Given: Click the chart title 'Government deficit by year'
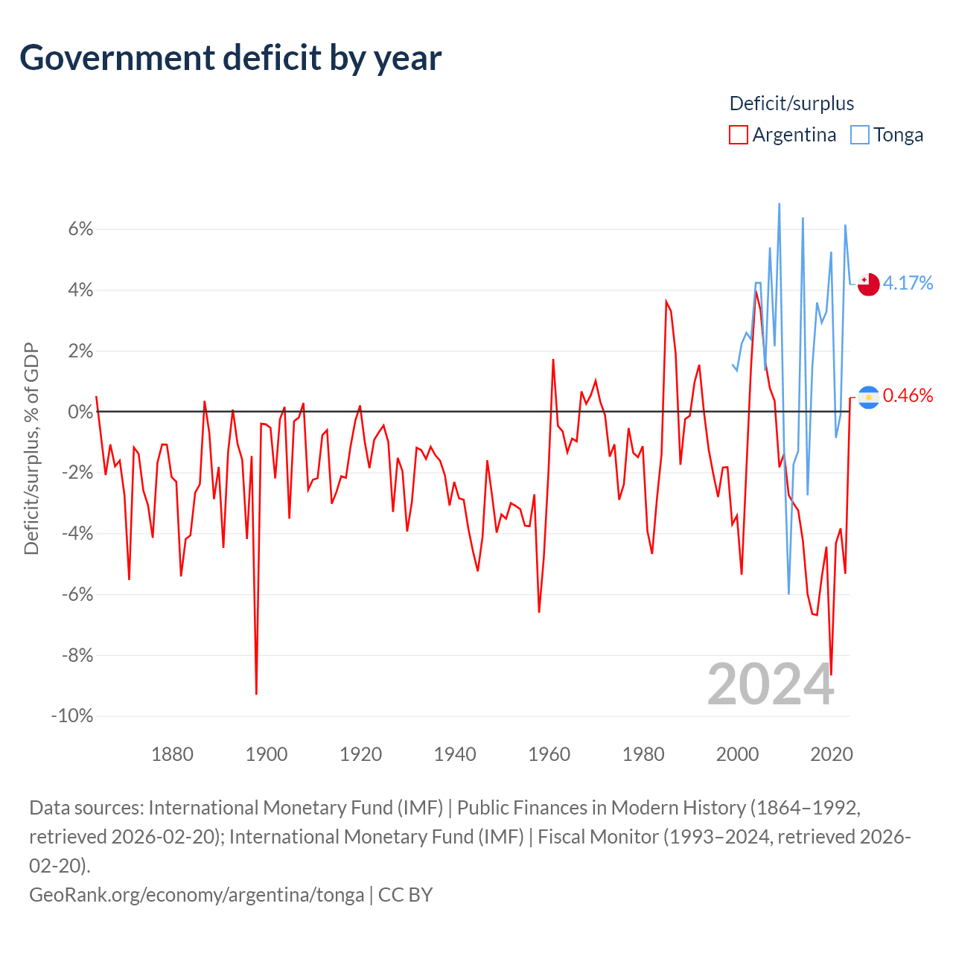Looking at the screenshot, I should [x=231, y=58].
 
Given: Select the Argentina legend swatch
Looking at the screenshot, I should [x=738, y=135].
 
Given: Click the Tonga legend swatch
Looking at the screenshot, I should [x=860, y=135].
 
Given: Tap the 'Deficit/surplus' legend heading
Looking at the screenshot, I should [x=791, y=103].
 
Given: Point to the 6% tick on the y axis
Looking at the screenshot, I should [x=80, y=229].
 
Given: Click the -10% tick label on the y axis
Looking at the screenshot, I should [x=72, y=716].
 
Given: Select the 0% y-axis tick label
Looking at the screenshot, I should [x=80, y=412].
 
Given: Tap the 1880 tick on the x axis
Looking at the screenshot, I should [x=172, y=754].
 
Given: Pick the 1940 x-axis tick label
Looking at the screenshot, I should [x=455, y=754].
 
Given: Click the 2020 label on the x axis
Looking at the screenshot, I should [x=831, y=754].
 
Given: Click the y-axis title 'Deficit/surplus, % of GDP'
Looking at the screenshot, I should [x=31, y=449].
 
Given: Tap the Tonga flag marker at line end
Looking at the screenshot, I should [x=868, y=284].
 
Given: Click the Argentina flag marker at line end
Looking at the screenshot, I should [x=868, y=397].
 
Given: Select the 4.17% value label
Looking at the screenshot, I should [x=908, y=283].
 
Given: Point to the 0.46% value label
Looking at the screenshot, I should [x=908, y=395].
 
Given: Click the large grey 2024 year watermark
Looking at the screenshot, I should [x=771, y=685].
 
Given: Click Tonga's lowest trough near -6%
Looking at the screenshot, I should [x=788, y=593].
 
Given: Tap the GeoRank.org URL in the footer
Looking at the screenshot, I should [x=197, y=894].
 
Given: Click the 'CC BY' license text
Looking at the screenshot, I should [x=406, y=894].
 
